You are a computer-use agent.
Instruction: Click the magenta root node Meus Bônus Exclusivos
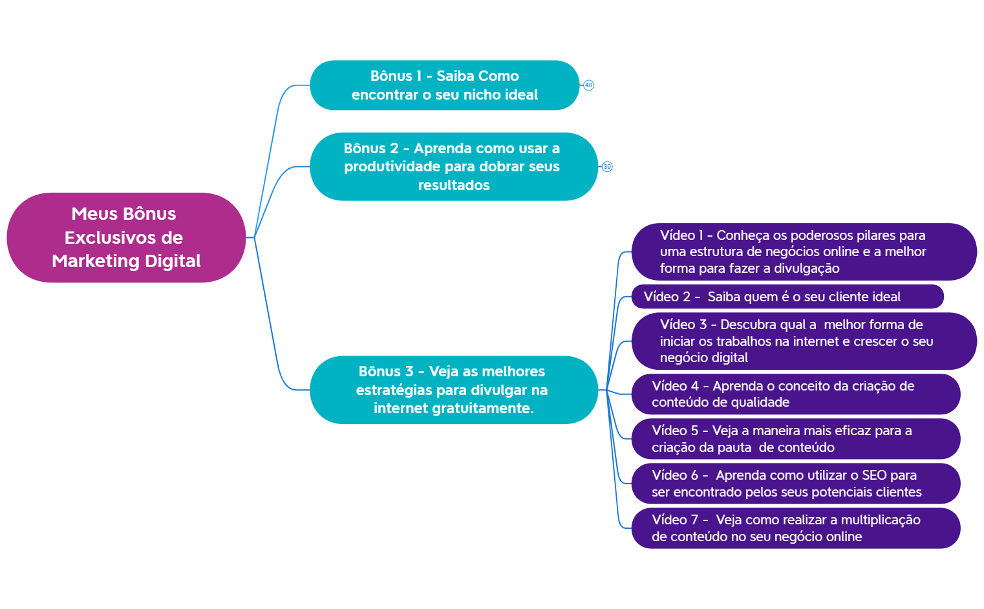point(126,237)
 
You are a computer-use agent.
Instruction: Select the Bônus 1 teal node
point(445,85)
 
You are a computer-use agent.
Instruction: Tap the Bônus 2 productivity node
point(454,167)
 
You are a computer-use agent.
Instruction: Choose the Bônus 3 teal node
point(454,390)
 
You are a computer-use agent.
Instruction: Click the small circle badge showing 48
point(588,85)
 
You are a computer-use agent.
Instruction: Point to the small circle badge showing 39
point(607,167)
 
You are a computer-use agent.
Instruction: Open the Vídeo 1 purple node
point(804,251)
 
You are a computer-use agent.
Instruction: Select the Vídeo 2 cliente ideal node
point(787,297)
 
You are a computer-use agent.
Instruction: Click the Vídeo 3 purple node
point(804,341)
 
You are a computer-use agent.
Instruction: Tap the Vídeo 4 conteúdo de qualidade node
point(796,394)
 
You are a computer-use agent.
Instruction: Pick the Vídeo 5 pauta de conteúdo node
point(796,439)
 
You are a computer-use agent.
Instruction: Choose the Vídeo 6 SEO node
point(796,484)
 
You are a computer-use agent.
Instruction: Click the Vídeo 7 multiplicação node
point(796,528)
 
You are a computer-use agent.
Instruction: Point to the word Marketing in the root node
point(96,261)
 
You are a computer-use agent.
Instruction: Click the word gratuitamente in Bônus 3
point(483,409)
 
